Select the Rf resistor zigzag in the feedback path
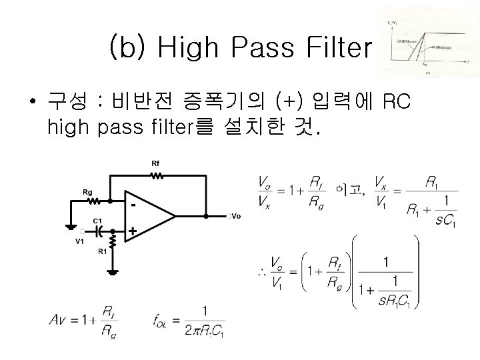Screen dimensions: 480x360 (156, 176)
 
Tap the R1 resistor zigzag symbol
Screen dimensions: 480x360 (114, 238)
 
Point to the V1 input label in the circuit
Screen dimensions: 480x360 (79, 241)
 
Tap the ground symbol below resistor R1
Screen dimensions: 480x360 (114, 271)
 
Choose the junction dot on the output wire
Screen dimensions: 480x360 (207, 216)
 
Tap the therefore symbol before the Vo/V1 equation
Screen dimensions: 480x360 (261, 273)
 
